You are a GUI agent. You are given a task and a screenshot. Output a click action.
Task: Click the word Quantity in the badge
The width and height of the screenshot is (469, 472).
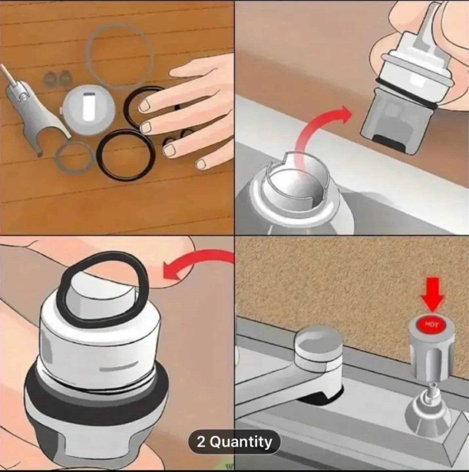(241, 442)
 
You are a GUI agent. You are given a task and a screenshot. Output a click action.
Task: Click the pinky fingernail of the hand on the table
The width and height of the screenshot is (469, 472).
(201, 164)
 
